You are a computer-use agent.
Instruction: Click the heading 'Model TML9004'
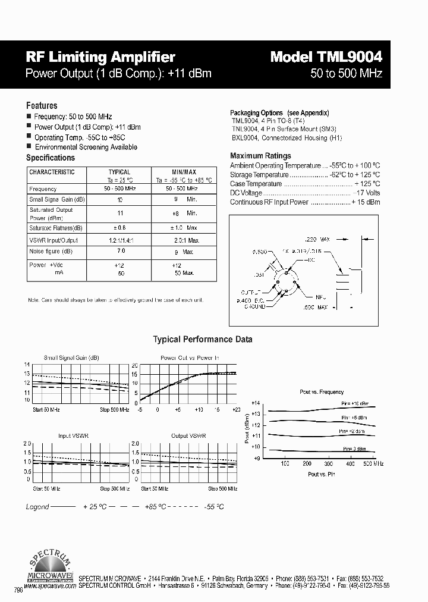pos(326,57)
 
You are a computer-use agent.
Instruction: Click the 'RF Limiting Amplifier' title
pos(100,57)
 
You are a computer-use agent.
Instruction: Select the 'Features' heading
pos(42,105)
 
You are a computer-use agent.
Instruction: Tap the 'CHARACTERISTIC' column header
pos(52,173)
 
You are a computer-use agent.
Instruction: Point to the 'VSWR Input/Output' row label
pos(53,240)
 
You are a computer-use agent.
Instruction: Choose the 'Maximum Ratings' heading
pos(260,156)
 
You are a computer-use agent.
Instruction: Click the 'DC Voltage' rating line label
pos(246,193)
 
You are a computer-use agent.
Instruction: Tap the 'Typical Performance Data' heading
pos(203,339)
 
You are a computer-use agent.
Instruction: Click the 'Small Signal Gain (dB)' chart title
pos(71,358)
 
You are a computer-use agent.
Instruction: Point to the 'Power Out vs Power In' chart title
pos(190,358)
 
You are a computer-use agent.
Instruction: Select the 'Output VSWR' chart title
pos(188,436)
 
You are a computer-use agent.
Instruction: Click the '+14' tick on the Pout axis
pos(256,403)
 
